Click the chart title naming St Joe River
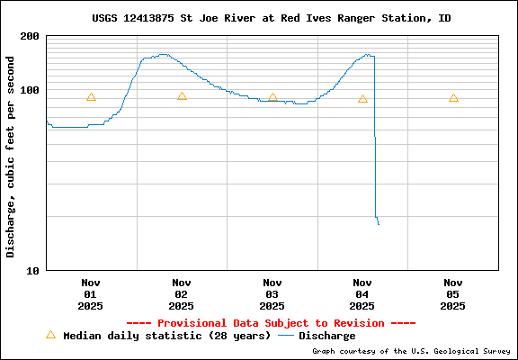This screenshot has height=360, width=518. pyautogui.click(x=271, y=18)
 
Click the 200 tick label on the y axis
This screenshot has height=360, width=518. pyautogui.click(x=29, y=36)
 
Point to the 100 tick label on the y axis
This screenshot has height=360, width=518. pyautogui.click(x=29, y=90)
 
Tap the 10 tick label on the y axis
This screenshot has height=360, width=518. pyautogui.click(x=31, y=270)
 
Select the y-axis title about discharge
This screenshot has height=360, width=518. pyautogui.click(x=11, y=157)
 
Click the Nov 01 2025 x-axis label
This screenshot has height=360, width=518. pyautogui.click(x=90, y=293)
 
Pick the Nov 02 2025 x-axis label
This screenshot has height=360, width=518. pyautogui.click(x=182, y=293)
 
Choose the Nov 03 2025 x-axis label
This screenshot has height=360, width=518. pyautogui.click(x=272, y=293)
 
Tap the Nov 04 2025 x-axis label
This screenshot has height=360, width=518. pyautogui.click(x=362, y=293)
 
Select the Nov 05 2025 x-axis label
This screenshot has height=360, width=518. pyautogui.click(x=453, y=293)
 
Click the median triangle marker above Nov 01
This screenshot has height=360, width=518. pyautogui.click(x=91, y=97)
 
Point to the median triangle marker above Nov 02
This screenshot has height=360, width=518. pyautogui.click(x=182, y=96)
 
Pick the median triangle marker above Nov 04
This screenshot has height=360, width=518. pyautogui.click(x=362, y=99)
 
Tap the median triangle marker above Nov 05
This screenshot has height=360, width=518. pyautogui.click(x=453, y=98)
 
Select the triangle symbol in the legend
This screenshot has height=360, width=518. pyautogui.click(x=50, y=335)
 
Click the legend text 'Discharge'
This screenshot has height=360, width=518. pyautogui.click(x=326, y=336)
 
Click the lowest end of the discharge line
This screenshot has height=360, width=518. pyautogui.click(x=379, y=224)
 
